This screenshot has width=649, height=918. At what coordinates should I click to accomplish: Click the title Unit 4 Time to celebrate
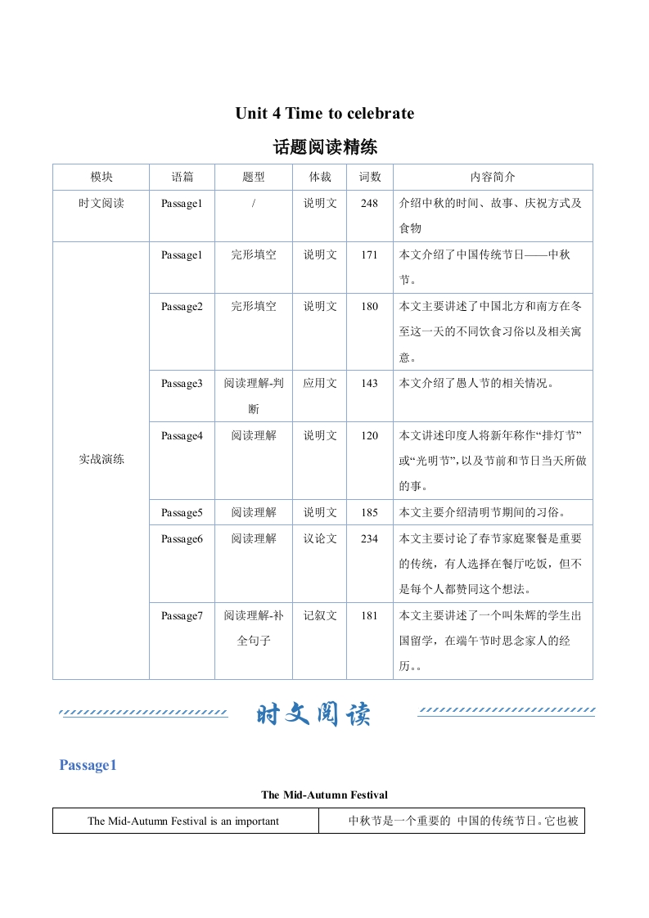point(324,114)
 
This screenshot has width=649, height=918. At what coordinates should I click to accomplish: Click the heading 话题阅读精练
point(324,147)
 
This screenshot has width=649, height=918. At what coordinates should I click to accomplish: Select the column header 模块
point(101,177)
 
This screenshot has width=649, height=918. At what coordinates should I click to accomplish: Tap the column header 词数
point(370,177)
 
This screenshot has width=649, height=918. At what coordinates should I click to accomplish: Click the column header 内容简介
point(493,177)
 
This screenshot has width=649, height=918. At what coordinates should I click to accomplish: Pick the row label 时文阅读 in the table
point(101,203)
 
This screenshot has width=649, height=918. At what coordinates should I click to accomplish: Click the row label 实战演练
point(101,460)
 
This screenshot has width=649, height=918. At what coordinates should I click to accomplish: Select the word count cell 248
point(369,203)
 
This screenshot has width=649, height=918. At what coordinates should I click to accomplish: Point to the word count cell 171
point(369,254)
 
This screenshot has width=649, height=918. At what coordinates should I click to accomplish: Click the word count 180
point(369,306)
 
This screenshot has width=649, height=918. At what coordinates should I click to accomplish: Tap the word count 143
point(369,383)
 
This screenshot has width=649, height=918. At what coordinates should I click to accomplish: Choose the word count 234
point(369,538)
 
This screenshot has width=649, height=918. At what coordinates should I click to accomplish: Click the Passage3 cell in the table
point(182,383)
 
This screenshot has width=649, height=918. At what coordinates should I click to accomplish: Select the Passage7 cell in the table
point(182,615)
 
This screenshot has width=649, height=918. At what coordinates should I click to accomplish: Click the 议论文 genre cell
point(320,538)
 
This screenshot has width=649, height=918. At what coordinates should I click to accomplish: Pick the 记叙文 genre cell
point(320,615)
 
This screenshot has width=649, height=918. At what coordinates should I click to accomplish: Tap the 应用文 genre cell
point(320,383)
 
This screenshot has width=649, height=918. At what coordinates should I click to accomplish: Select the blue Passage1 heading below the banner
point(88,765)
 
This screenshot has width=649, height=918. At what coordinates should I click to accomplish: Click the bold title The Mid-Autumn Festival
point(324,794)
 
